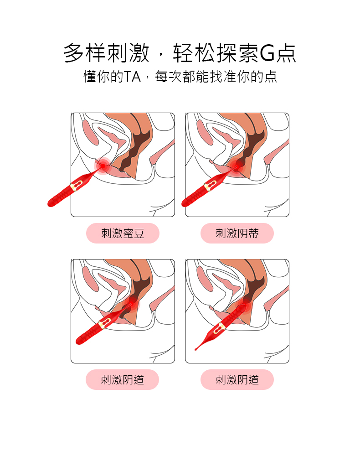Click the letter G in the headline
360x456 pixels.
coord(267,53)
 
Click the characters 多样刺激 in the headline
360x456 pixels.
coord(107,53)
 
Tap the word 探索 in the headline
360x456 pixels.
coord(237,53)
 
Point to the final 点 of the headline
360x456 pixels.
coord(286,53)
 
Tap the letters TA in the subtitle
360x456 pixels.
coord(132,77)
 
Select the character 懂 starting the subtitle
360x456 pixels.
coord(90,77)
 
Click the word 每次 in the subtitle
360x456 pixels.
coord(168,77)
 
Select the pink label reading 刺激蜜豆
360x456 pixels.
coord(123,233)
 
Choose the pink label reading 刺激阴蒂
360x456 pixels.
coord(237,233)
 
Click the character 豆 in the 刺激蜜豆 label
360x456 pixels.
coord(139,233)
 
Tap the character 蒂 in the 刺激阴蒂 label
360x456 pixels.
coord(254,233)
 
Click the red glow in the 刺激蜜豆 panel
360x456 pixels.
coord(103,166)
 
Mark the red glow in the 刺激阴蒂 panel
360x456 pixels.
coord(237,166)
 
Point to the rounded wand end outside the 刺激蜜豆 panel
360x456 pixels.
coord(51,203)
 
